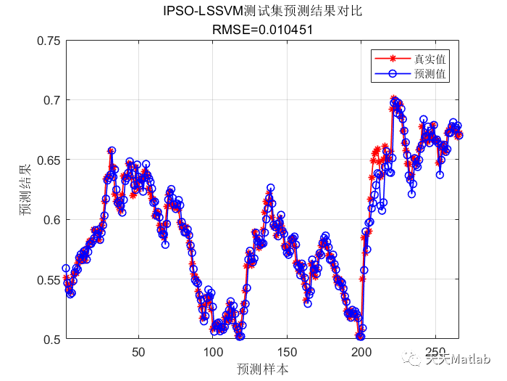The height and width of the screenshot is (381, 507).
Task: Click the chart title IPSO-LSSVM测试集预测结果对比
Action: tap(262, 12)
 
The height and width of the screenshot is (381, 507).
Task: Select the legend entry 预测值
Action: tap(430, 73)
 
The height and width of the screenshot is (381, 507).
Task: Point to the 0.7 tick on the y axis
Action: tap(51, 100)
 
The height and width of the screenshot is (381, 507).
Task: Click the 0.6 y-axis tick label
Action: tap(51, 220)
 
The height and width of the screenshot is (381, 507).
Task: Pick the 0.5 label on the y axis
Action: tap(51, 339)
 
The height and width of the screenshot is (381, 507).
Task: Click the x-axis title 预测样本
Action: tap(262, 369)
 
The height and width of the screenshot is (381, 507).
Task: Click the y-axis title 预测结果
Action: tap(25, 190)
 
